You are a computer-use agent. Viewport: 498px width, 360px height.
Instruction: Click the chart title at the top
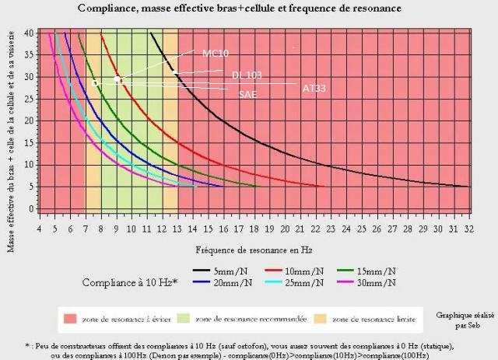tap(240, 8)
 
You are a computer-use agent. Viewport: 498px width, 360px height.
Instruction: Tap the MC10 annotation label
tap(215, 53)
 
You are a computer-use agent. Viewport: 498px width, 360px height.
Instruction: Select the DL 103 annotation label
tap(246, 75)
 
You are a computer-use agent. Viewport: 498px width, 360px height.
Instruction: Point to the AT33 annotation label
tap(314, 89)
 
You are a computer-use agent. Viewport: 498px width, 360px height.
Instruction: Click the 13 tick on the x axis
tap(177, 228)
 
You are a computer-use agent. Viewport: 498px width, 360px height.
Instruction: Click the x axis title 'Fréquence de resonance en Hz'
tap(244, 250)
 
